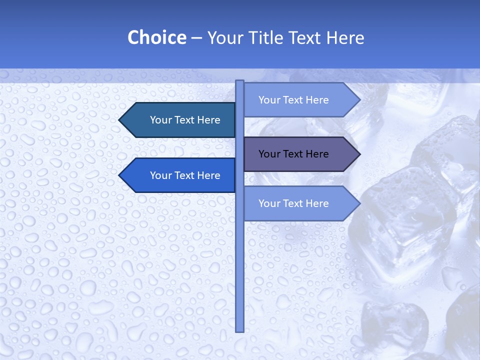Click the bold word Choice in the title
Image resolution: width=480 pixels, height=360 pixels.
click(x=156, y=37)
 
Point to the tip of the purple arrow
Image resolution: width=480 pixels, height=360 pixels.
click(x=359, y=154)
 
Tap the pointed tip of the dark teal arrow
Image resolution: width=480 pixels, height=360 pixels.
click(x=120, y=120)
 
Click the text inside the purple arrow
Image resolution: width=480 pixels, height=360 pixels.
click(x=293, y=154)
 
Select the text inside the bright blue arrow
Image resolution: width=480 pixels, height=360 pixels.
click(x=185, y=175)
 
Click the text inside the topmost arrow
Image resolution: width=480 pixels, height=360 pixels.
click(x=293, y=100)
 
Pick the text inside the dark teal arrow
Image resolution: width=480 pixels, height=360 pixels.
click(x=185, y=120)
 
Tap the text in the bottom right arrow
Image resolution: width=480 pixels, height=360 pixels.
click(x=293, y=203)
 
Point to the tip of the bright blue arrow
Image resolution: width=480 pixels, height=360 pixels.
click(x=120, y=175)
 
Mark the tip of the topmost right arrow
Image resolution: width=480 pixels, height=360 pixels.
click(x=359, y=100)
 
